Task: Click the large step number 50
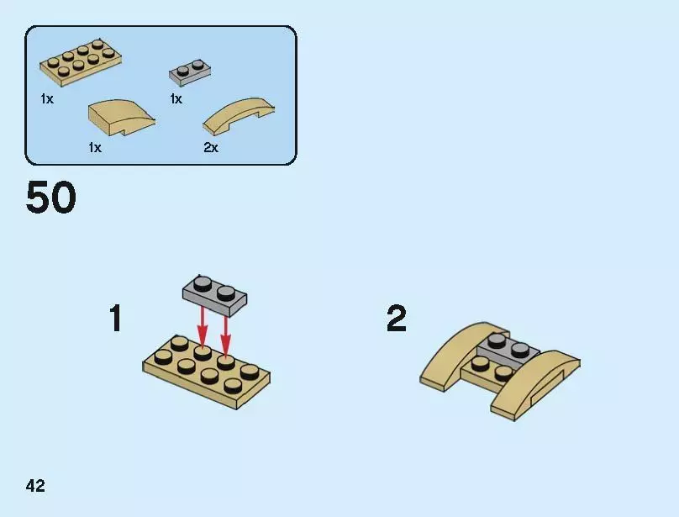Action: point(51,198)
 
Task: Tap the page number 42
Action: point(35,485)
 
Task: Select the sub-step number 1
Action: point(116,318)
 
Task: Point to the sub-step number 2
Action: point(397,318)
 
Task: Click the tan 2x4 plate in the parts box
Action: point(81,63)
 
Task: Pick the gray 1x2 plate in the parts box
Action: point(190,72)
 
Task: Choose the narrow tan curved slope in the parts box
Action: point(238,116)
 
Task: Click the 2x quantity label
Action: point(211,148)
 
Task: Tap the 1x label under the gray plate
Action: point(176,99)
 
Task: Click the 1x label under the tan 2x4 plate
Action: point(47,99)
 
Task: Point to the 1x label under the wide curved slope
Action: point(95,148)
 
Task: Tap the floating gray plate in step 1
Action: point(214,296)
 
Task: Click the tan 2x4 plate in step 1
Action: point(207,372)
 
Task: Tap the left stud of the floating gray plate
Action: point(201,284)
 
